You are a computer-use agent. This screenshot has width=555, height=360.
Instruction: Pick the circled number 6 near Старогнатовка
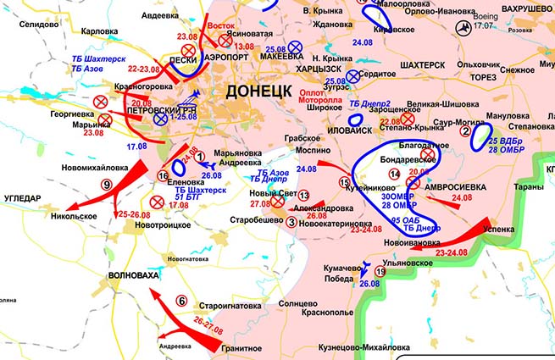pos(180,301)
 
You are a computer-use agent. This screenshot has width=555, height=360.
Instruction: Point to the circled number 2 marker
pos(464,131)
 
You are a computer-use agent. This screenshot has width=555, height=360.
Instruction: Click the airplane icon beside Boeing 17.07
pos(463,29)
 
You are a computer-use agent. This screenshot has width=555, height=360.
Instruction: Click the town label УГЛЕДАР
pos(25,197)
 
